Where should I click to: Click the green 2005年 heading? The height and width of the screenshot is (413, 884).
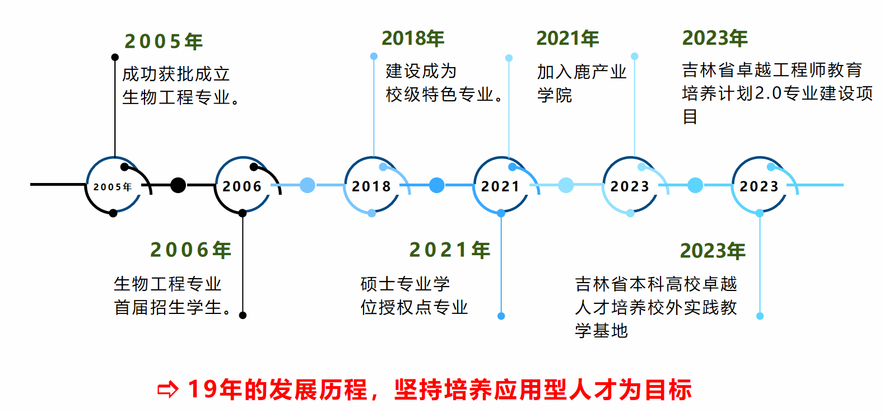164,41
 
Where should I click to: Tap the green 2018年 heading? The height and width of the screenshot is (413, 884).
413,38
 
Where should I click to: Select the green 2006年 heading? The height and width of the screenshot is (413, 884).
190,250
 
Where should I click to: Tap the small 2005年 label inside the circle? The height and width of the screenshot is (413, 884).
113,187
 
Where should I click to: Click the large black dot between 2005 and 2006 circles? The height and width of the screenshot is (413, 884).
178,185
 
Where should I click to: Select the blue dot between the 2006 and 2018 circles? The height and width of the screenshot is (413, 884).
308,185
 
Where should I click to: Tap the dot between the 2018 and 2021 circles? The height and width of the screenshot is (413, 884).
436,185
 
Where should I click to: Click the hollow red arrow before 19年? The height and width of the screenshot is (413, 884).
168,390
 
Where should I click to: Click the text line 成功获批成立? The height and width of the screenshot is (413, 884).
176,74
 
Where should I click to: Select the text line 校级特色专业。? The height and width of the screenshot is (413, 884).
445,95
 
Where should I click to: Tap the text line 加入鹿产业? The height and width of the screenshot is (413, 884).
581,72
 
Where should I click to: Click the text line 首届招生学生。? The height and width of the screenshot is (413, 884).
173,307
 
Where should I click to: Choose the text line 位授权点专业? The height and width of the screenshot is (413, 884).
414,307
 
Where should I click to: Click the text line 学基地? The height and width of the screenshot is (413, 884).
601,331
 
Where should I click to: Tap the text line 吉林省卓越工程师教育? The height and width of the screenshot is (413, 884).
772,70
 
